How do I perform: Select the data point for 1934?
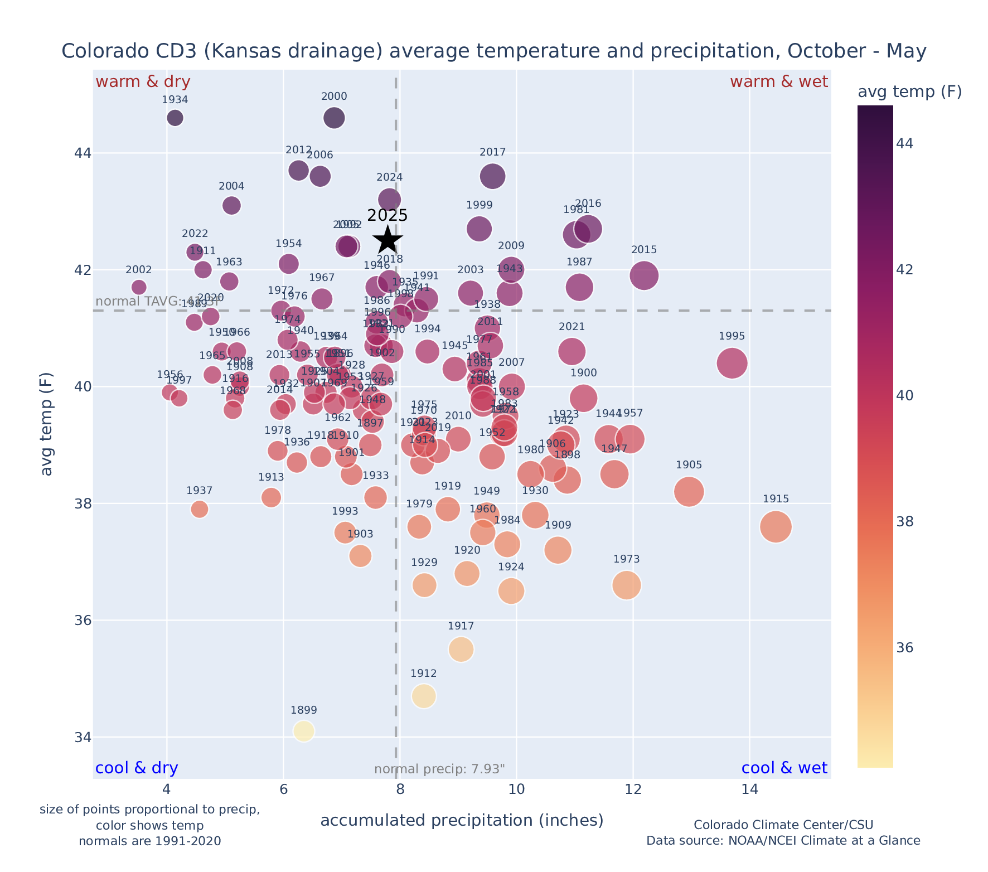click(175, 118)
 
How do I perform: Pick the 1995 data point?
click(732, 364)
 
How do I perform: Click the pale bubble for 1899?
click(303, 730)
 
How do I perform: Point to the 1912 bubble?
click(424, 696)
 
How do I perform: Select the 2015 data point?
click(644, 275)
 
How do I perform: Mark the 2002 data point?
click(139, 287)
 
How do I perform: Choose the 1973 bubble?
click(626, 585)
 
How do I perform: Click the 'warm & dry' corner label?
click(143, 82)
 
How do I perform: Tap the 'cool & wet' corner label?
click(784, 768)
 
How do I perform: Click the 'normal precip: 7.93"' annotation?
click(439, 769)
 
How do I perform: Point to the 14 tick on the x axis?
click(749, 789)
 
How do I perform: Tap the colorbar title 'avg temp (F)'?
click(909, 92)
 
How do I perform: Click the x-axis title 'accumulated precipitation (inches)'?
click(462, 820)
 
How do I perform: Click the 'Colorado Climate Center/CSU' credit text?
click(783, 825)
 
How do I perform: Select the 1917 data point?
click(461, 650)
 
